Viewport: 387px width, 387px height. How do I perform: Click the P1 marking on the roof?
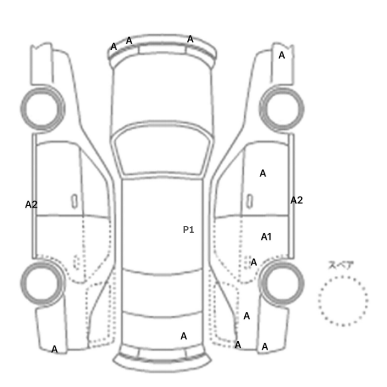(x=189, y=230)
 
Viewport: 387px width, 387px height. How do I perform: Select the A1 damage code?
(x=266, y=237)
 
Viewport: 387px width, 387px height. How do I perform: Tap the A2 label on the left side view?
(x=32, y=205)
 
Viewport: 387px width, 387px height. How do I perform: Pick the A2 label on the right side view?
(x=296, y=200)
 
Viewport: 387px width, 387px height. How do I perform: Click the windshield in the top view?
(x=162, y=148)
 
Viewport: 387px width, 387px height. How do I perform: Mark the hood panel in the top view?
(x=162, y=91)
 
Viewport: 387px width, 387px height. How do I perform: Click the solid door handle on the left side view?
(x=74, y=201)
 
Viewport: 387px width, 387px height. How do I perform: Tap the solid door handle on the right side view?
(x=250, y=201)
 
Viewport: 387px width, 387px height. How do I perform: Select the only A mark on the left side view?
(x=55, y=349)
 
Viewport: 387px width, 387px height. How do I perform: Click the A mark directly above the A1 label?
(x=263, y=174)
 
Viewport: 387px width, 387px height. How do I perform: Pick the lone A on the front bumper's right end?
(x=190, y=39)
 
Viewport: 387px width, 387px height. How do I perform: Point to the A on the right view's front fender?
(x=281, y=55)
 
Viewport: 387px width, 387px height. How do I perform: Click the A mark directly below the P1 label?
(x=184, y=336)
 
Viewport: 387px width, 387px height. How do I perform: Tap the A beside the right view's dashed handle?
(x=254, y=262)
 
